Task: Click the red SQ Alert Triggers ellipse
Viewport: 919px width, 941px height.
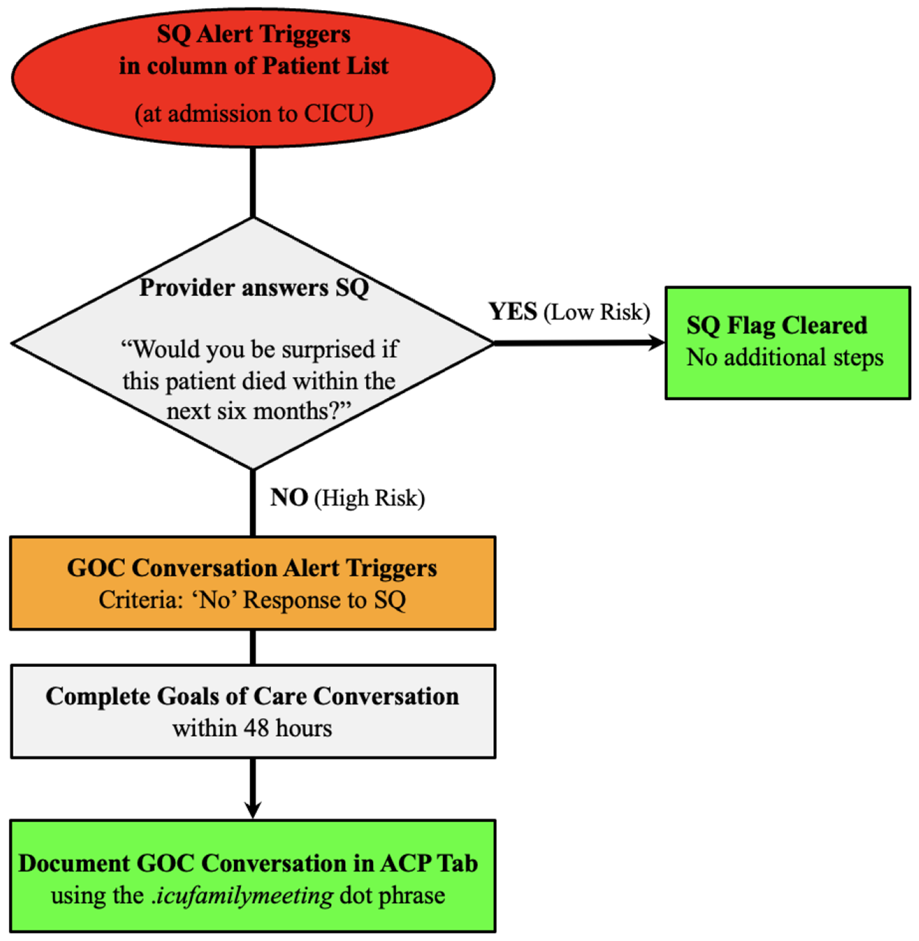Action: coord(253,77)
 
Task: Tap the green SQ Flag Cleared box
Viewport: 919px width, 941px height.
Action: coord(787,343)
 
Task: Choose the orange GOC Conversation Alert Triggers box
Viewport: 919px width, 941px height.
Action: coord(252,583)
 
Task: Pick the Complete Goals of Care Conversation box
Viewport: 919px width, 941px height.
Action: coord(253,711)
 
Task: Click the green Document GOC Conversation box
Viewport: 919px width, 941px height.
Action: coord(252,875)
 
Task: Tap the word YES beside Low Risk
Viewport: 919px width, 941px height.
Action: coord(512,312)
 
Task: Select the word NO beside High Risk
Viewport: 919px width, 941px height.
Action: coord(289,497)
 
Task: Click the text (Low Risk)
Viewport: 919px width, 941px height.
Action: coord(597,312)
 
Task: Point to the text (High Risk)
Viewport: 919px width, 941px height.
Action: coord(370,498)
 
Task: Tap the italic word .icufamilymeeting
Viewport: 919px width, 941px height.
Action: coord(242,895)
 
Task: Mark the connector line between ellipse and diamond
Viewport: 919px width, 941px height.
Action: coord(253,182)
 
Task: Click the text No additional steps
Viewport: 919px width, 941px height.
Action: coord(785,358)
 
